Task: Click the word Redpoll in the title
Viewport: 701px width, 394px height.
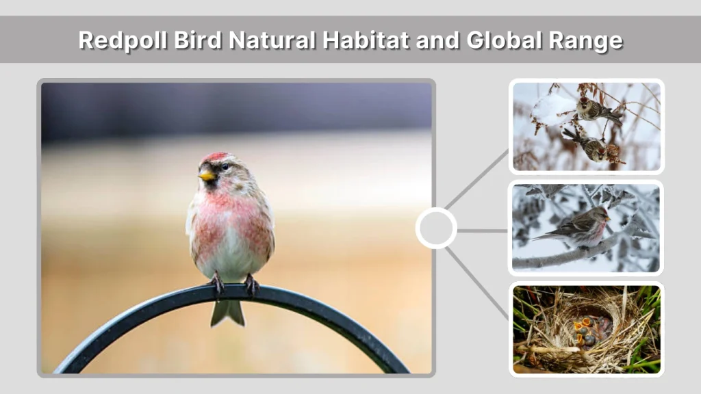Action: coord(114,40)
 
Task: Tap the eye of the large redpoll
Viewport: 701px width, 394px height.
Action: coord(223,167)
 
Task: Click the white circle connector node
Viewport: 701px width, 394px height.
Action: coord(436,228)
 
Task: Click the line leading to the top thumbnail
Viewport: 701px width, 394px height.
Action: coord(477,179)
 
